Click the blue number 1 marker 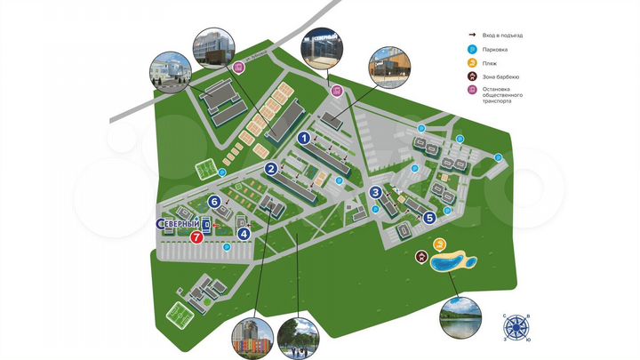[x=303, y=138]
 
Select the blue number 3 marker [x=376, y=192]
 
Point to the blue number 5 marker [x=429, y=216]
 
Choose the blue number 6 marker [x=214, y=202]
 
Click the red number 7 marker [x=196, y=237]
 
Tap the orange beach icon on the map [x=438, y=244]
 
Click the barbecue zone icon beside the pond [x=421, y=258]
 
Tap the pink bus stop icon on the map [x=336, y=91]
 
